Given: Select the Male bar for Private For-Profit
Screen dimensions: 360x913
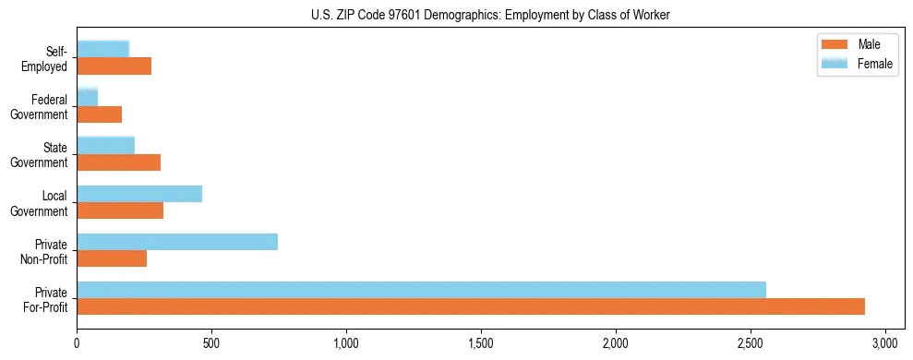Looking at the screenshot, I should click(471, 306).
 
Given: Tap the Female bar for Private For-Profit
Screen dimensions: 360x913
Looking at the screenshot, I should click(421, 290).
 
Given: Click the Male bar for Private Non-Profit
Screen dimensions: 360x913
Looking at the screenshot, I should click(112, 258).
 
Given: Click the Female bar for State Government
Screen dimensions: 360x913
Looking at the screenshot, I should click(106, 145).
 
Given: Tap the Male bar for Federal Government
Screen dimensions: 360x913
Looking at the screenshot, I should click(100, 114).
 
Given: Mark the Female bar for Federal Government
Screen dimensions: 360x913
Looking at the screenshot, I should click(88, 97).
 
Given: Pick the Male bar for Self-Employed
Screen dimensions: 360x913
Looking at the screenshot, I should click(114, 66).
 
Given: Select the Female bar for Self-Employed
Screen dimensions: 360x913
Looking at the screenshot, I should click(103, 49).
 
